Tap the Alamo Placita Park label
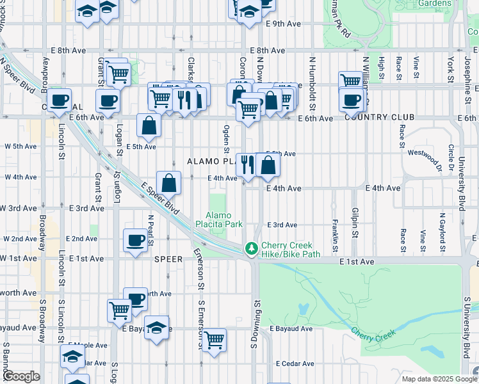click(223, 220)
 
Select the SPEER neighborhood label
click(169, 259)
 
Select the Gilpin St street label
click(354, 221)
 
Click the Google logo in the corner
click(20, 376)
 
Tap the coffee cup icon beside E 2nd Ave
click(135, 241)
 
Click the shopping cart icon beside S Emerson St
click(214, 339)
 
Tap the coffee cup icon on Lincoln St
click(59, 100)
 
